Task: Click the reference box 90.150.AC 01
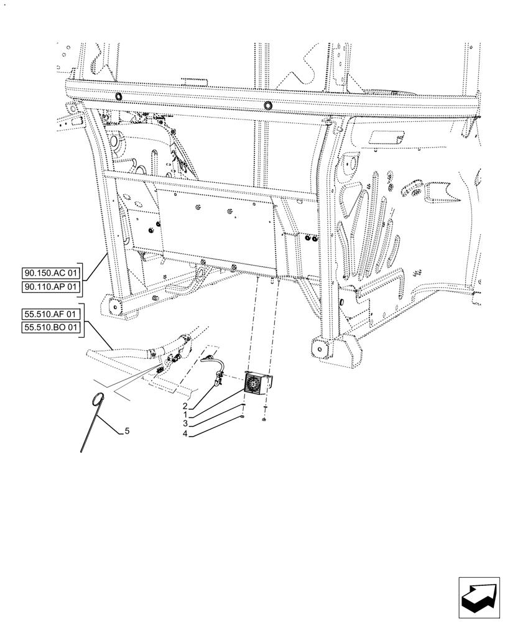(52, 273)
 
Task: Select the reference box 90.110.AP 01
(52, 287)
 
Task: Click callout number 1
(185, 414)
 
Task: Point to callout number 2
(185, 406)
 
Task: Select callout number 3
(185, 423)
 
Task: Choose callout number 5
(127, 430)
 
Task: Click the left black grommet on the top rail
(118, 97)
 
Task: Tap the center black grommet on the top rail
(268, 106)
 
